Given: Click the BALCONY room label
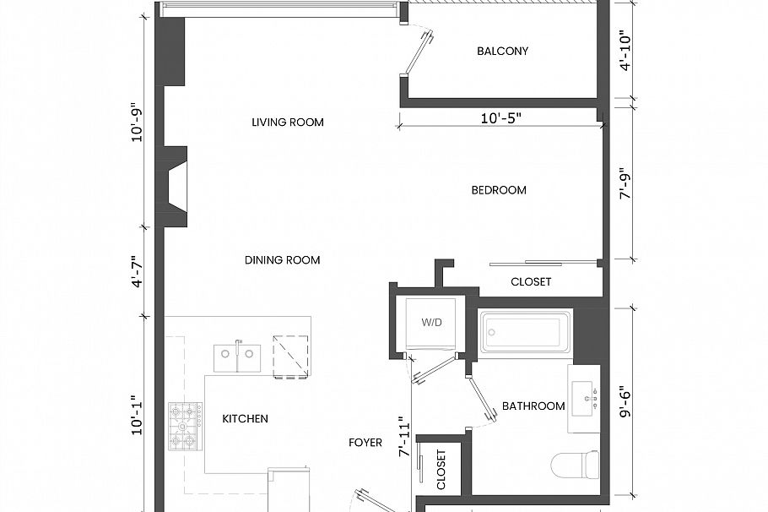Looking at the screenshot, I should (x=502, y=51).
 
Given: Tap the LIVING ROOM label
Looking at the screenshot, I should (x=288, y=123).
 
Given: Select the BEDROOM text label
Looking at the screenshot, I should (x=499, y=190).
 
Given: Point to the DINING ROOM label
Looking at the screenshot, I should (x=283, y=260).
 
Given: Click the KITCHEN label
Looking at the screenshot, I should (x=246, y=418).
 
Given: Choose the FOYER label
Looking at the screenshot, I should (x=365, y=443).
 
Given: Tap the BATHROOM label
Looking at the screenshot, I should (x=533, y=406).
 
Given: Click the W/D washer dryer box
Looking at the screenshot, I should (x=431, y=323).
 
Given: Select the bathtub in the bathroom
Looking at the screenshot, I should (x=525, y=333).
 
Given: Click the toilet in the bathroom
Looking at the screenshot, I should (x=575, y=464).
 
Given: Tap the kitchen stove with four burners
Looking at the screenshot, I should (x=186, y=426).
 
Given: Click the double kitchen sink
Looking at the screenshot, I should (x=238, y=357).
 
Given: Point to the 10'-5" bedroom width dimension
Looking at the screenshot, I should (x=501, y=119).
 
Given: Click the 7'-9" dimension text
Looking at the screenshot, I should (x=625, y=182).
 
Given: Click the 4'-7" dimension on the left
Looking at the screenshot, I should (x=137, y=270).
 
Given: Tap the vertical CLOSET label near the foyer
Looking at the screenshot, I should (x=441, y=470).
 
